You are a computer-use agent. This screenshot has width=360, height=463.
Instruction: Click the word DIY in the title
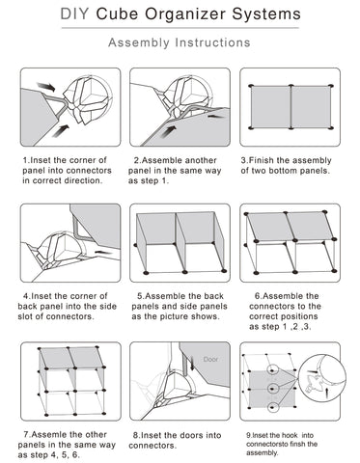pyautogui.click(x=74, y=14)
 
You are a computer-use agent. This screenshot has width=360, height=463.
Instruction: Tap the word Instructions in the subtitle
pyautogui.click(x=212, y=42)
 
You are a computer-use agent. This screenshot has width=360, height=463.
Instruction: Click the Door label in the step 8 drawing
pyautogui.click(x=210, y=359)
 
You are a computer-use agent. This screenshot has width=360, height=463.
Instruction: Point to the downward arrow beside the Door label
pyautogui.click(x=192, y=364)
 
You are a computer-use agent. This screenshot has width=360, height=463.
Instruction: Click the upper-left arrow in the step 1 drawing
pyautogui.click(x=45, y=86)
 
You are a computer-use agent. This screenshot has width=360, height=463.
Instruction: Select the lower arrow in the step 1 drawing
pyautogui.click(x=60, y=131)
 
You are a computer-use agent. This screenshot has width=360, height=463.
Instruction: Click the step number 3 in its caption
pyautogui.click(x=244, y=160)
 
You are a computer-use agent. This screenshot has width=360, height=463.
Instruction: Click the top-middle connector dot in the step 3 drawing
pyautogui.click(x=291, y=86)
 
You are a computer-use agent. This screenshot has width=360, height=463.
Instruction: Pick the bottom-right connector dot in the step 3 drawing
pyautogui.click(x=331, y=128)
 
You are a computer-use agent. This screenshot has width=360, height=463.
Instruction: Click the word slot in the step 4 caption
pyautogui.click(x=25, y=316)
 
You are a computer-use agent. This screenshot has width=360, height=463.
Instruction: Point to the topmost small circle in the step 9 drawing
pyautogui.click(x=273, y=370)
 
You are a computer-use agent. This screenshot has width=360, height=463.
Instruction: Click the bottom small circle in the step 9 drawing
pyautogui.click(x=273, y=408)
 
